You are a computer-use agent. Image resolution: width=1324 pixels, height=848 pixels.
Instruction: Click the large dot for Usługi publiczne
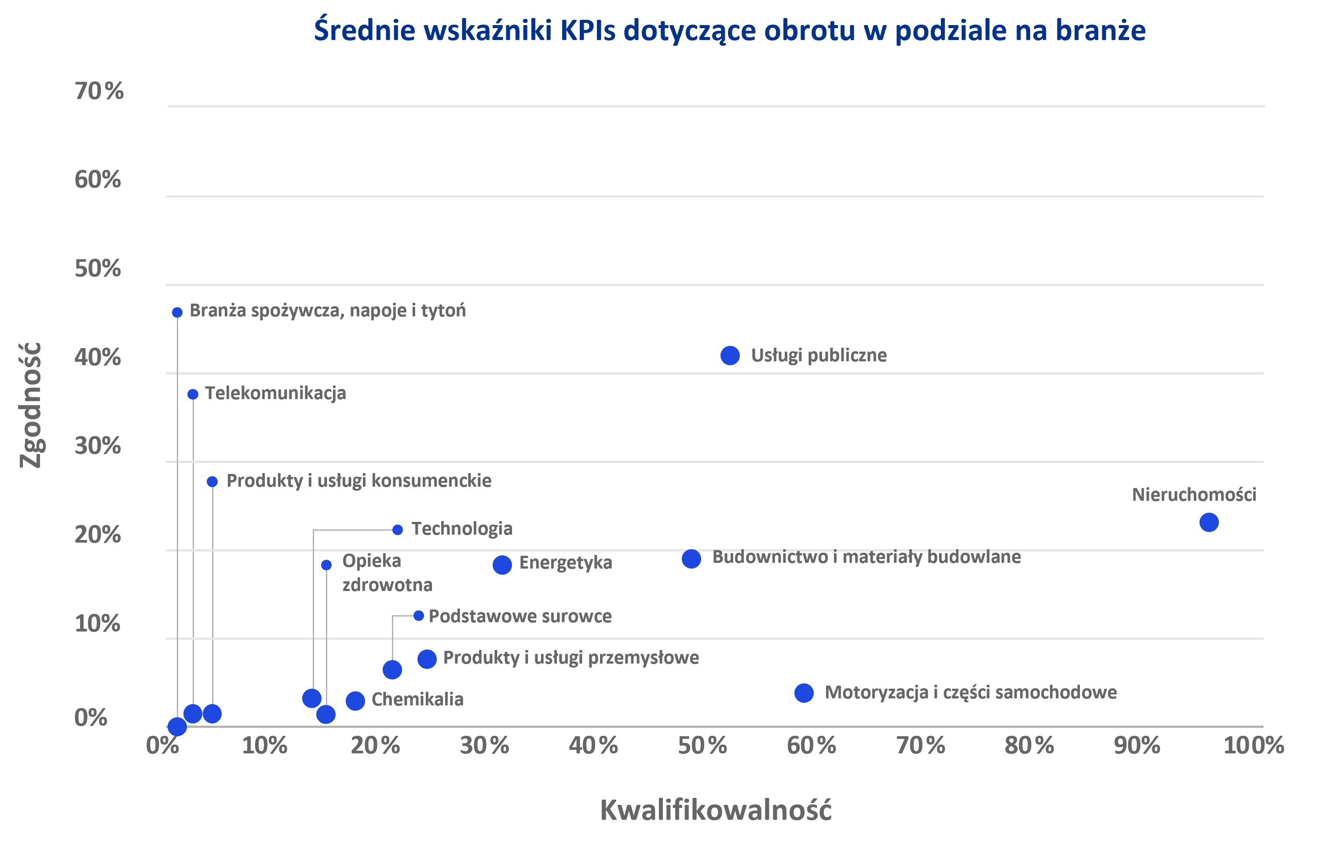pyautogui.click(x=730, y=356)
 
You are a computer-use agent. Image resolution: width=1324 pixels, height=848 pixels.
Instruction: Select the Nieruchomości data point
pyautogui.click(x=1208, y=522)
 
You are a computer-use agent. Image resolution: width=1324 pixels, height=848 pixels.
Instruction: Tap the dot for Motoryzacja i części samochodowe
pyautogui.click(x=804, y=693)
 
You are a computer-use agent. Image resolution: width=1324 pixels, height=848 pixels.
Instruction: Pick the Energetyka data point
pyautogui.click(x=502, y=565)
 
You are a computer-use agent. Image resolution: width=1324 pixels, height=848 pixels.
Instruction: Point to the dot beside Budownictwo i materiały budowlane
pyautogui.click(x=691, y=559)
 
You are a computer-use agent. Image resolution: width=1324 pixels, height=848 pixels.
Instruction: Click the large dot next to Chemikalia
pyautogui.click(x=355, y=701)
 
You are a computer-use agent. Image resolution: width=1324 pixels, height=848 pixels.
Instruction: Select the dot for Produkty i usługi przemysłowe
pyautogui.click(x=427, y=659)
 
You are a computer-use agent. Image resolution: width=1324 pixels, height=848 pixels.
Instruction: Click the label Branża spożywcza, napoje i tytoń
pyautogui.click(x=327, y=311)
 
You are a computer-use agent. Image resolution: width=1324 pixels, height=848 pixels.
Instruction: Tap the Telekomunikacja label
pyautogui.click(x=275, y=393)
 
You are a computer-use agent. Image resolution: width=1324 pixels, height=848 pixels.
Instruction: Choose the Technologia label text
pyautogui.click(x=462, y=529)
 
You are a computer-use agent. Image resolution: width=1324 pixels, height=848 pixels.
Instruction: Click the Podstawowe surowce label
pyautogui.click(x=519, y=616)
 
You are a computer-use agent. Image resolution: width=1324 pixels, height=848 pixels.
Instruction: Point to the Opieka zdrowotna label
pyautogui.click(x=387, y=573)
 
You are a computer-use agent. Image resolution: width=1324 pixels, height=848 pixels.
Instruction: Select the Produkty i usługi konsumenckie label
pyautogui.click(x=359, y=481)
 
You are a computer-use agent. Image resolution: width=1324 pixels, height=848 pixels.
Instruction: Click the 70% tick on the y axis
pyautogui.click(x=99, y=91)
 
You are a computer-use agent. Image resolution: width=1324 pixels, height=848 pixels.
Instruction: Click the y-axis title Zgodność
pyautogui.click(x=31, y=405)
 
